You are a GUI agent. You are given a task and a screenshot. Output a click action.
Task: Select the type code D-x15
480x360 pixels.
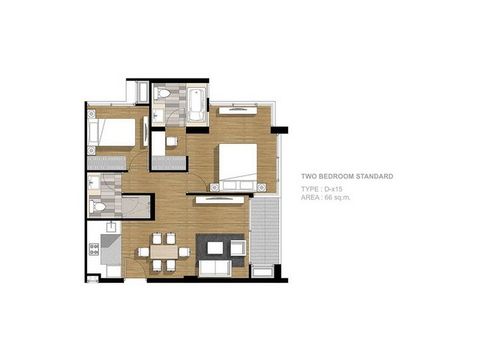333,189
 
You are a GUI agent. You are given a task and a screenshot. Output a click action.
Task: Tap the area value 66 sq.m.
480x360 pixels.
337,197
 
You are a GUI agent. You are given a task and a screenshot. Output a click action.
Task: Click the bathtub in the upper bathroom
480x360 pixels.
196,105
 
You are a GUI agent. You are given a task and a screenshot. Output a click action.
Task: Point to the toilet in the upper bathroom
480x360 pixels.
162,93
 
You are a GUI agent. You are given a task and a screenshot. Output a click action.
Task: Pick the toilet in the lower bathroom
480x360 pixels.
97,206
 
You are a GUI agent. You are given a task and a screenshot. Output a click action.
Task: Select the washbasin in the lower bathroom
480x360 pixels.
94,182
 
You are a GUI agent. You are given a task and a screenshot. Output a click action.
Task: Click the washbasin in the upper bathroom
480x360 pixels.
158,115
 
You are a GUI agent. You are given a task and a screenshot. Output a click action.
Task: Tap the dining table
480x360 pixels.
164,252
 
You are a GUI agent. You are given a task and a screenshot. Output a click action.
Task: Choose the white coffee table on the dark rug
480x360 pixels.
215,247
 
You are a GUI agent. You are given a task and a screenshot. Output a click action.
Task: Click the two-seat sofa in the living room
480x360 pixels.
215,268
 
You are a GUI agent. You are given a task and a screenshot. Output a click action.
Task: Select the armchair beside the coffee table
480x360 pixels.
238,247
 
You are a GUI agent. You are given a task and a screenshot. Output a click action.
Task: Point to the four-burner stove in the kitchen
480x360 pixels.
94,249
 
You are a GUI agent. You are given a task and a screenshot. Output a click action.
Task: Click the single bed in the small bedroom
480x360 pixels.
112,132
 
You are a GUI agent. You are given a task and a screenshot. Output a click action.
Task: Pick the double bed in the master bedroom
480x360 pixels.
238,166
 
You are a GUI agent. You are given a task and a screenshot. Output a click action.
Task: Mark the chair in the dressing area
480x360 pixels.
172,142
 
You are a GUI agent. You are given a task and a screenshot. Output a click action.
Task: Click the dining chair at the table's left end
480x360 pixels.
143,252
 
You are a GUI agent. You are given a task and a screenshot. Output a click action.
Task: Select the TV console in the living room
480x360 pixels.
220,200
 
